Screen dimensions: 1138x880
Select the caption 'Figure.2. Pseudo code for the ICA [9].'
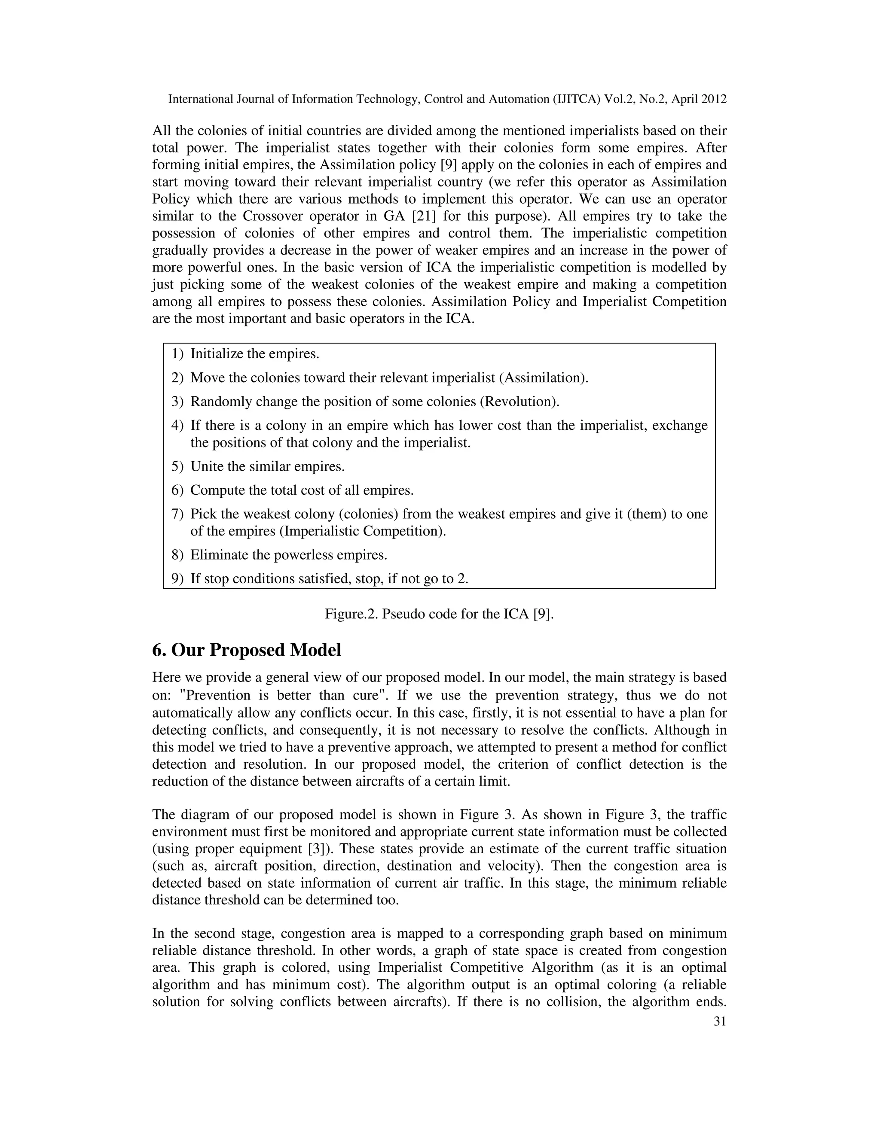(x=439, y=614)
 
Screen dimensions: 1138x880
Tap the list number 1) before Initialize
(x=177, y=354)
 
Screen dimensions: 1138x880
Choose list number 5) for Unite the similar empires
(x=177, y=466)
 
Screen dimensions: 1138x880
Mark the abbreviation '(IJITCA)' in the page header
(x=576, y=99)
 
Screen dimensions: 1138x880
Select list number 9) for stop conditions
(x=177, y=579)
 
